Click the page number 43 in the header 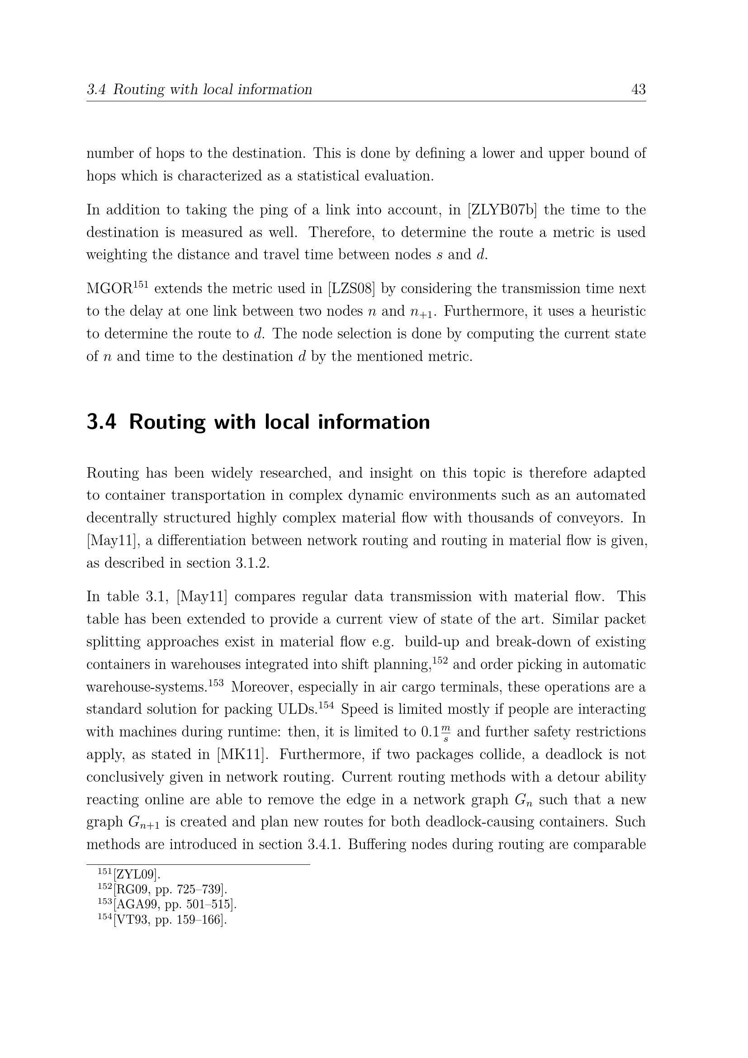point(638,90)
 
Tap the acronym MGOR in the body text point(109,289)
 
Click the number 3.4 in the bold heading point(101,422)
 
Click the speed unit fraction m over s point(445,732)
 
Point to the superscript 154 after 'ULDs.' point(326,705)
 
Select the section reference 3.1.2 point(252,563)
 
